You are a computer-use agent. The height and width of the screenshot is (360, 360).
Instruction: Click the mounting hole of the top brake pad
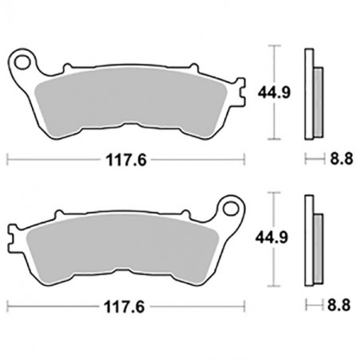[24, 61]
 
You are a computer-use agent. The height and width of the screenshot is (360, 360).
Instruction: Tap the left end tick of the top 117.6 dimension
[7, 159]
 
